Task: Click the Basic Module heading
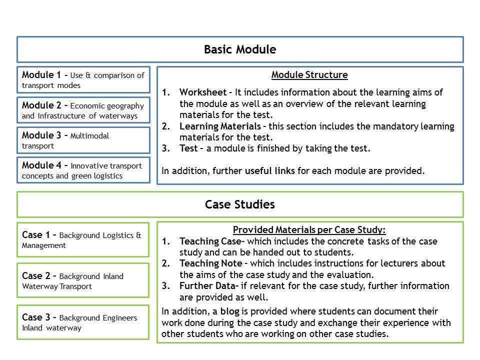(240, 49)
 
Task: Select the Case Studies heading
(240, 204)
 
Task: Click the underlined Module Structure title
(309, 75)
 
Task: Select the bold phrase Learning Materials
(220, 126)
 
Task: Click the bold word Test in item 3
(188, 148)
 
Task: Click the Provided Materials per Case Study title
(309, 230)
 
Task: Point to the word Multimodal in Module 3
(90, 136)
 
